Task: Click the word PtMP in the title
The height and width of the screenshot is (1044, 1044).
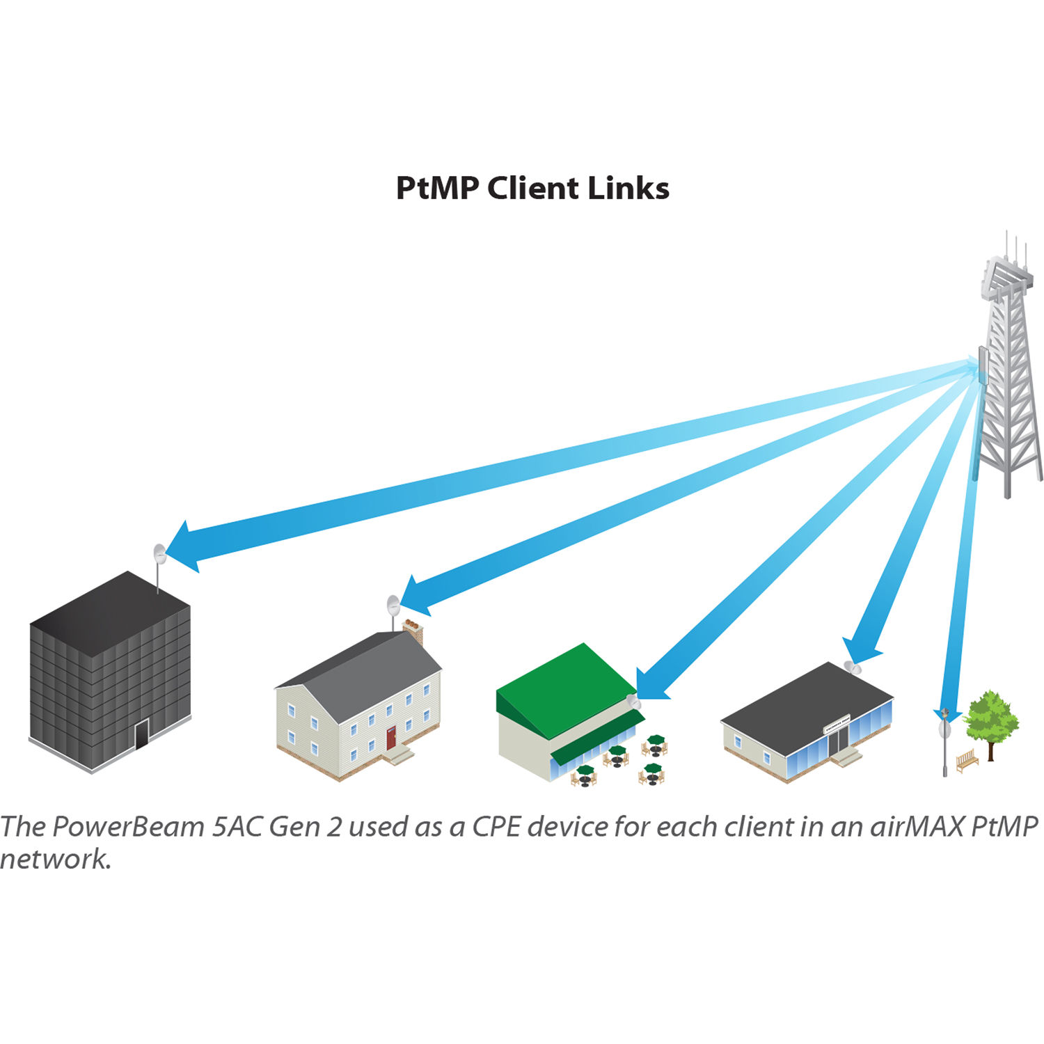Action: [x=437, y=189]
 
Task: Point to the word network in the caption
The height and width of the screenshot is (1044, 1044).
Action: [x=56, y=860]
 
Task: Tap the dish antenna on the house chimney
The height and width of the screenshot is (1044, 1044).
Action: [x=393, y=603]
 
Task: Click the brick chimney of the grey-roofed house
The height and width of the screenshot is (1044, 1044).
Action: [x=413, y=630]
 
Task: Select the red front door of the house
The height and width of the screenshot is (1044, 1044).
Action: [x=391, y=738]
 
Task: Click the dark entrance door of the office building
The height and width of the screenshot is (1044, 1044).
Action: [x=142, y=734]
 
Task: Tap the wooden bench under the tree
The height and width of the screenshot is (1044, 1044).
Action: [x=967, y=761]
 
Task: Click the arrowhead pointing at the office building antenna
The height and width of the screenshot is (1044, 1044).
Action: [x=184, y=547]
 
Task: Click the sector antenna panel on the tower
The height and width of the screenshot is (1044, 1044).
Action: [x=983, y=366]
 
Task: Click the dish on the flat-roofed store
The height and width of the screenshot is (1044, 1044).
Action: [x=853, y=667]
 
